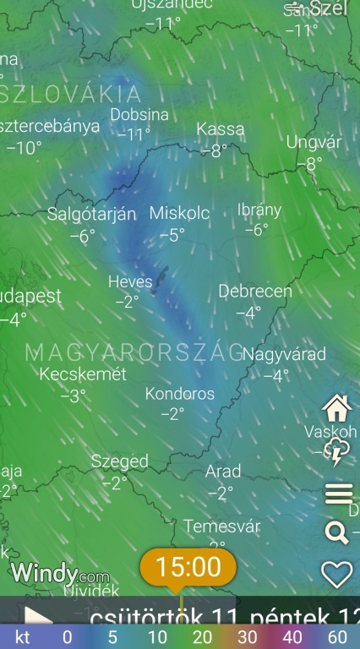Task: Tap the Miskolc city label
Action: pos(179,213)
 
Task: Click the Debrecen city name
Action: pos(255,292)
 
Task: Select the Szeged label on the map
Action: pos(120,461)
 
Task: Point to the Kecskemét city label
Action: pos(83,374)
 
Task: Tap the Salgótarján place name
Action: pos(91,214)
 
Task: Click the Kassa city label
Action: pos(221,129)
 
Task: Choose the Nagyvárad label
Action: pos(284,354)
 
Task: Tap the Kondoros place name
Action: pos(180,394)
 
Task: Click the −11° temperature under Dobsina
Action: pos(134,134)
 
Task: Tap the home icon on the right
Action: pos(337,408)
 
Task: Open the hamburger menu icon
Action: pos(338,494)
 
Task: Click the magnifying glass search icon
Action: pos(336,532)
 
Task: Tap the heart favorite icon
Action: pos(337,574)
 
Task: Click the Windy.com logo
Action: pos(59,575)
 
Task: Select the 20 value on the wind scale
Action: pos(202,637)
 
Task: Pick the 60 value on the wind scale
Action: pos(337,637)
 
